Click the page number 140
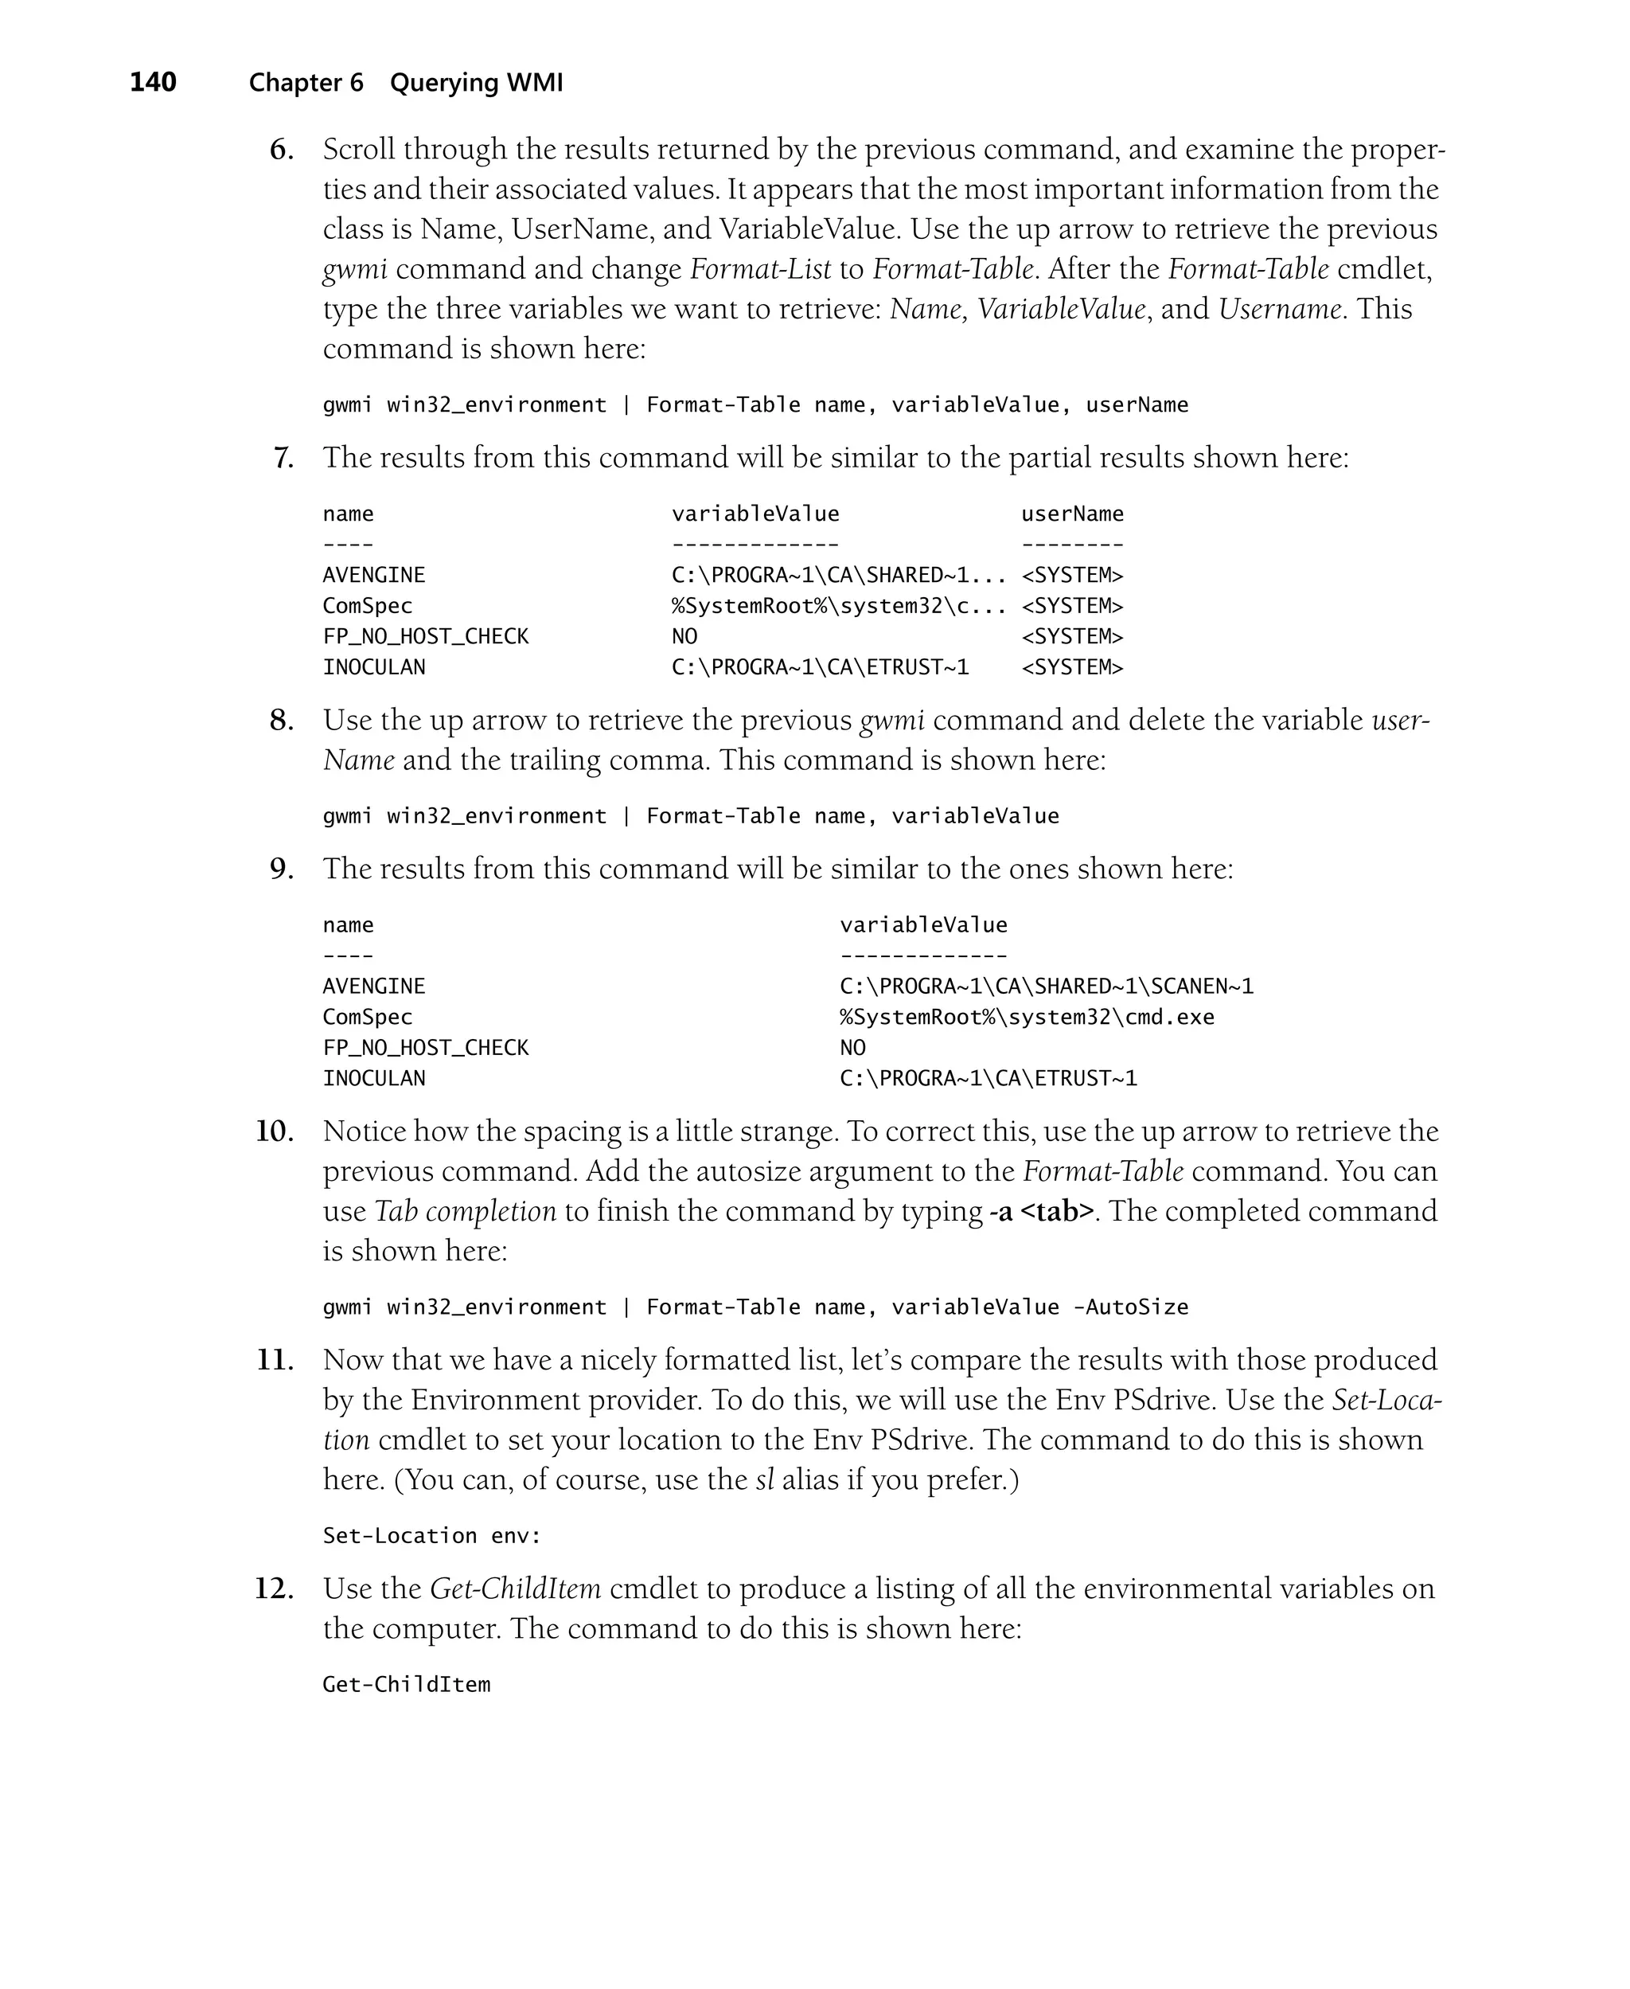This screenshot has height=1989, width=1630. click(x=153, y=83)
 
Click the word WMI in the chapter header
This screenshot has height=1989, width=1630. click(x=534, y=83)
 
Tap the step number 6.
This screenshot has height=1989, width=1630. click(x=281, y=150)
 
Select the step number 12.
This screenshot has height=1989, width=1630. click(x=274, y=1588)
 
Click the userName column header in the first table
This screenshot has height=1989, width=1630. click(x=1071, y=514)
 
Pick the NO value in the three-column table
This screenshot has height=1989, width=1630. click(x=684, y=637)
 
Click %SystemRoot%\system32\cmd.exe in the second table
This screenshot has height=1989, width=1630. click(x=1026, y=1017)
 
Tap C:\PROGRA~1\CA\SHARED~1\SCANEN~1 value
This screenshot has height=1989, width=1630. click(x=1046, y=986)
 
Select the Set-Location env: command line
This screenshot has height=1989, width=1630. click(x=432, y=1535)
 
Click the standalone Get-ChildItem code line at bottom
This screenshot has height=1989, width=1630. click(x=406, y=1685)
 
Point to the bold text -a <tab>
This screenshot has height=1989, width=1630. click(x=1041, y=1211)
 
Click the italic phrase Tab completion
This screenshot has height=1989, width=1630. click(x=465, y=1211)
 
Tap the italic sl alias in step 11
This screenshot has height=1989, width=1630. click(x=764, y=1480)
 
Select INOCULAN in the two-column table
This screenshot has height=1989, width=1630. click(x=374, y=1078)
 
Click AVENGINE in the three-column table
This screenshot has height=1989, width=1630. click(x=374, y=575)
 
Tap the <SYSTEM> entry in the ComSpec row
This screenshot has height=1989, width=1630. click(x=1071, y=606)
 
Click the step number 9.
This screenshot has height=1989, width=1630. click(x=281, y=869)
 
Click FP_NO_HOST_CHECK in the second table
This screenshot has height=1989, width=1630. click(x=425, y=1048)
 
